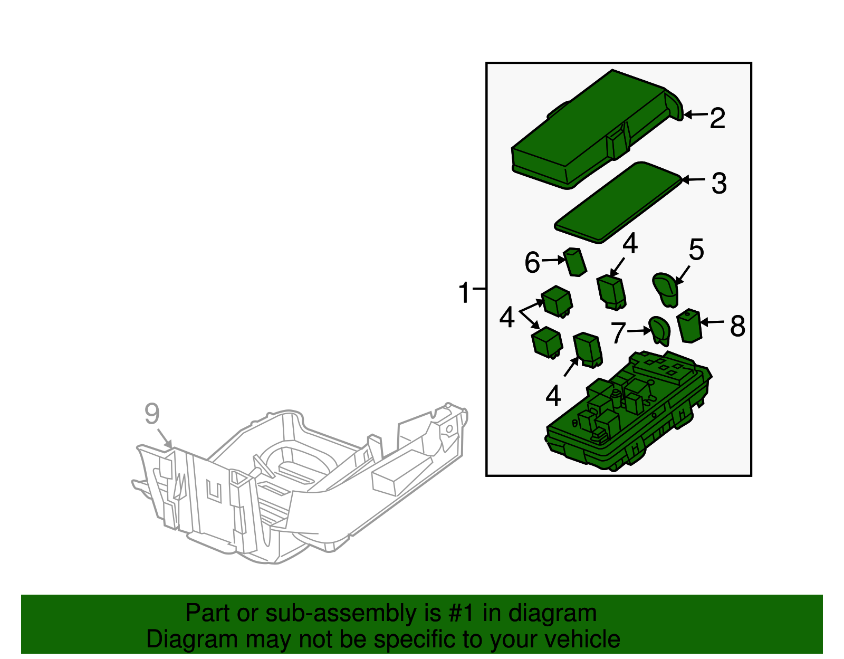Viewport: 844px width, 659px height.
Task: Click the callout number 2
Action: (717, 118)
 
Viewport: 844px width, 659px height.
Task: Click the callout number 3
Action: (719, 184)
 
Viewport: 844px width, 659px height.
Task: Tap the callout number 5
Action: (696, 250)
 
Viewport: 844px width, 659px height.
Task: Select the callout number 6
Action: (532, 262)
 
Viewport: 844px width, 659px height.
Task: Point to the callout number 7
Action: (618, 332)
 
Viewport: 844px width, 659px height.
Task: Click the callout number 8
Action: (737, 326)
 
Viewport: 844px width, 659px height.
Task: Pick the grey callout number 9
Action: (152, 414)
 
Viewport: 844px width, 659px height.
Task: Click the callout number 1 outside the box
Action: (464, 293)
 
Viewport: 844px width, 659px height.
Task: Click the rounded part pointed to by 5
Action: (666, 289)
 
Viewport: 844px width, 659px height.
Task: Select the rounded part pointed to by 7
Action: (659, 330)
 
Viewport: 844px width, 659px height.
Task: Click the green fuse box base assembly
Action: (628, 417)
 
